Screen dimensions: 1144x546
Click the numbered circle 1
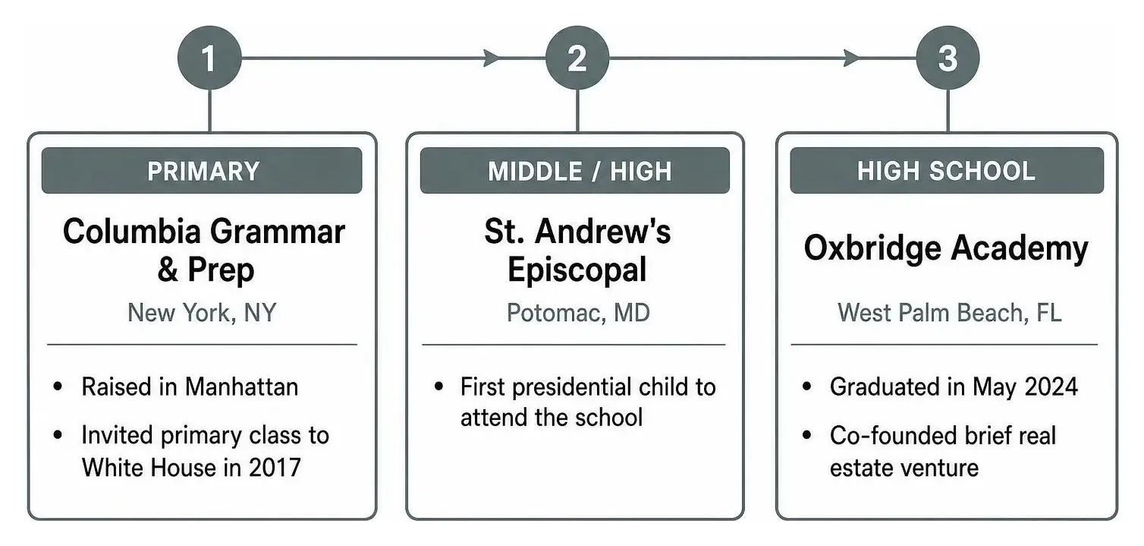coord(209,58)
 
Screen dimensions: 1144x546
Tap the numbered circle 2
coord(577,58)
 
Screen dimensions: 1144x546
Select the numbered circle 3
coord(948,58)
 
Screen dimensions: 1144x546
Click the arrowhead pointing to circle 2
coord(492,58)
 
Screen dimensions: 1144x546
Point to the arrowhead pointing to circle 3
coord(852,58)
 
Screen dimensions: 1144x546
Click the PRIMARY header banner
coord(202,170)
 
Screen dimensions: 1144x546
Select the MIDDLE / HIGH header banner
coord(574,170)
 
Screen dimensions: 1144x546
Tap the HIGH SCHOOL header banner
coord(946,170)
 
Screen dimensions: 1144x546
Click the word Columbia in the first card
coord(132,231)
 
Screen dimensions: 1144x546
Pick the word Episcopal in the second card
coord(577,270)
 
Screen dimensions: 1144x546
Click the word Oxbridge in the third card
coord(872,249)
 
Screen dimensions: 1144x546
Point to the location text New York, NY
coord(202,312)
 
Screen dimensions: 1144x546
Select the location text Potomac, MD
coord(578,312)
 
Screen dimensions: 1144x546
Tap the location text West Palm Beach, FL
coord(950,312)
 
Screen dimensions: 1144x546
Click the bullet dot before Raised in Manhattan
coord(58,387)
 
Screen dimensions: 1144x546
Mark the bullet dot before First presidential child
coord(438,387)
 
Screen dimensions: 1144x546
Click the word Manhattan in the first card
coord(241,387)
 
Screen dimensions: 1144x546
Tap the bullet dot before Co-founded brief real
coord(807,435)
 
